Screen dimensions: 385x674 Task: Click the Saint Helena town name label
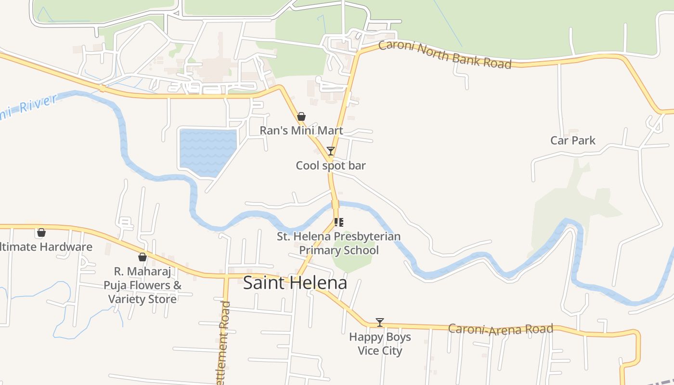295,283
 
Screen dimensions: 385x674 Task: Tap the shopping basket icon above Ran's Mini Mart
301,116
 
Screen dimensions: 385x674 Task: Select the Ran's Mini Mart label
301,130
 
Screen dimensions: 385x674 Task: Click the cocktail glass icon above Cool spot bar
331,151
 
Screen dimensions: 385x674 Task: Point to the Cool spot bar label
331,166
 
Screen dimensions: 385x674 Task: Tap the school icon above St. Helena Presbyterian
338,222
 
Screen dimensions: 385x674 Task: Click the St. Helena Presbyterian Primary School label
338,244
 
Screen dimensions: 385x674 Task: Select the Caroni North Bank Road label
444,54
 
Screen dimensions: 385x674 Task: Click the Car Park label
573,141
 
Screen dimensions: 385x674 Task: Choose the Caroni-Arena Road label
500,329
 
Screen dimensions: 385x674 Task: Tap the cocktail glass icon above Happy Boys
380,322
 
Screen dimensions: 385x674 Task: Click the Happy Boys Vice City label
380,344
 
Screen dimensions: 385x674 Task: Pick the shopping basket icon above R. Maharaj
143,257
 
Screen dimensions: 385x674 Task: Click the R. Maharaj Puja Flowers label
143,285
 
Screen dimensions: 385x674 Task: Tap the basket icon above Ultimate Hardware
41,233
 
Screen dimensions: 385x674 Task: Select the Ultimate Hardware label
46,247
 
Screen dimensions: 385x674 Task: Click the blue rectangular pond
207,150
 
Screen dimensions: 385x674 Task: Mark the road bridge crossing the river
335,204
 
